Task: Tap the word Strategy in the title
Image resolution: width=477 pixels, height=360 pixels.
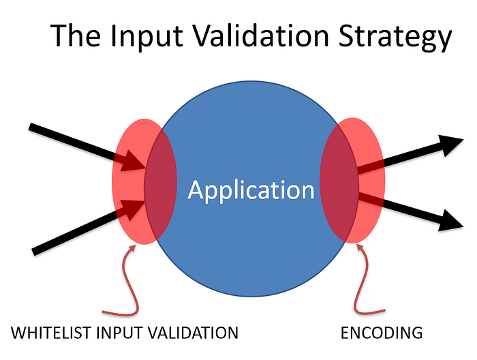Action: [398, 37]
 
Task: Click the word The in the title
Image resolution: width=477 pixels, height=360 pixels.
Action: [76, 35]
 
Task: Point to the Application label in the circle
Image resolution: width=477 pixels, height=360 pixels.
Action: [251, 190]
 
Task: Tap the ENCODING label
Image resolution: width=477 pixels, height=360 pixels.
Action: [382, 333]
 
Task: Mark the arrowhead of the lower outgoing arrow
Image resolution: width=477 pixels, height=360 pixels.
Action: [451, 220]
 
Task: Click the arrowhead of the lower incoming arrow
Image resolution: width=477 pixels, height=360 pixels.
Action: [134, 208]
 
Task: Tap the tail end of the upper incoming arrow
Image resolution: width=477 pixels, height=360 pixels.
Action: [33, 127]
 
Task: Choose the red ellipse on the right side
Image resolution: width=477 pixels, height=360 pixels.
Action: [371, 181]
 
